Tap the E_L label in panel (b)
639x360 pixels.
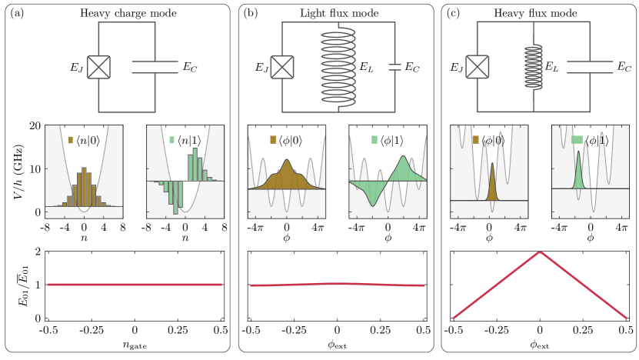click(367, 68)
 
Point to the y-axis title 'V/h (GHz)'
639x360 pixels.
click(17, 169)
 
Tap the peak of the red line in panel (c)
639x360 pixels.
click(541, 252)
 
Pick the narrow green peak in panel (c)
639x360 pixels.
click(579, 167)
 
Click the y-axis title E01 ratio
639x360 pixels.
click(17, 284)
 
